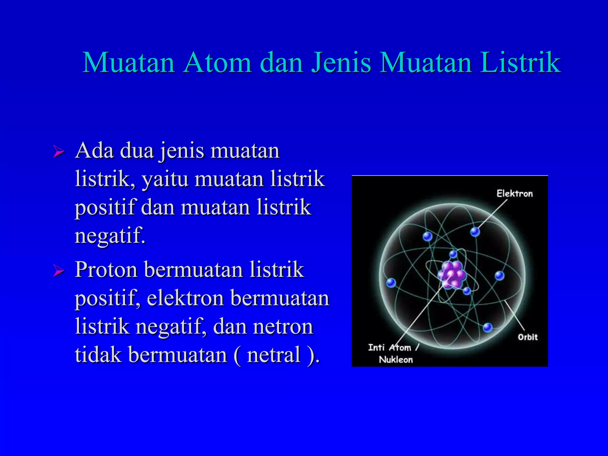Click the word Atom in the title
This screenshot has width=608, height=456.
coord(218,63)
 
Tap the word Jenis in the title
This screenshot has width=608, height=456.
coord(341,63)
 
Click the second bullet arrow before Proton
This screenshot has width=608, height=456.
coord(59,271)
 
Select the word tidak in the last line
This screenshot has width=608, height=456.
coord(98,355)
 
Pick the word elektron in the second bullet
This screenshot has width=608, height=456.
coord(185,298)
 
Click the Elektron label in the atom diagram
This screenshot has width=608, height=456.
coord(514,194)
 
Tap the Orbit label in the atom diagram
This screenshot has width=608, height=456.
coord(528,337)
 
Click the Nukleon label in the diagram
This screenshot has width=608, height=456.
coord(396,360)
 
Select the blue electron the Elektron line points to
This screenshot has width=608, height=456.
coord(475,232)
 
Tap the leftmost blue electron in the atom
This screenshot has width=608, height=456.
coord(391,283)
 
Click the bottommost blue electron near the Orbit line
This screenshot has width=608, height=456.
coord(487,328)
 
